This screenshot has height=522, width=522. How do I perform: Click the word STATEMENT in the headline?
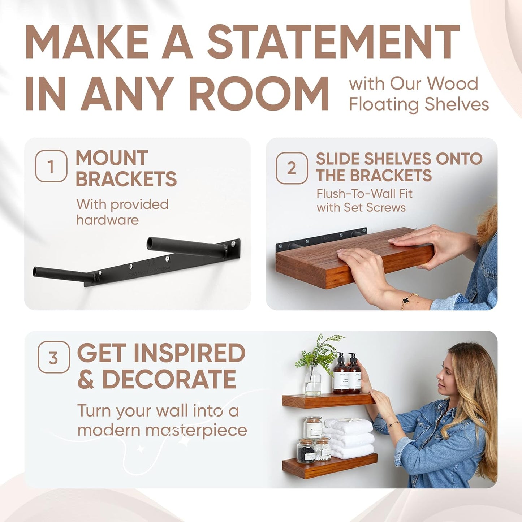[333, 42]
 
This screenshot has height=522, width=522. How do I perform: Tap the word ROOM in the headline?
[259, 94]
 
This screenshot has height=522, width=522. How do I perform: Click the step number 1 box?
[51, 166]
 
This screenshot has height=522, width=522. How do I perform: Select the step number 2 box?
[292, 168]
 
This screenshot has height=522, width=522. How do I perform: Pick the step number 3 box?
[53, 357]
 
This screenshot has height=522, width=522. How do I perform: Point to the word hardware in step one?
[107, 220]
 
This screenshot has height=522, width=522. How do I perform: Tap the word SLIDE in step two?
[337, 159]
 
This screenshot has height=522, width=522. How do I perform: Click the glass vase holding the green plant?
[313, 381]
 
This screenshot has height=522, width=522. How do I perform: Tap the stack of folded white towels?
[349, 439]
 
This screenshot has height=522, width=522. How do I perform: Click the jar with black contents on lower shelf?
[306, 451]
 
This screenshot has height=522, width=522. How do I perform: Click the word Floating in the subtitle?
[384, 104]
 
